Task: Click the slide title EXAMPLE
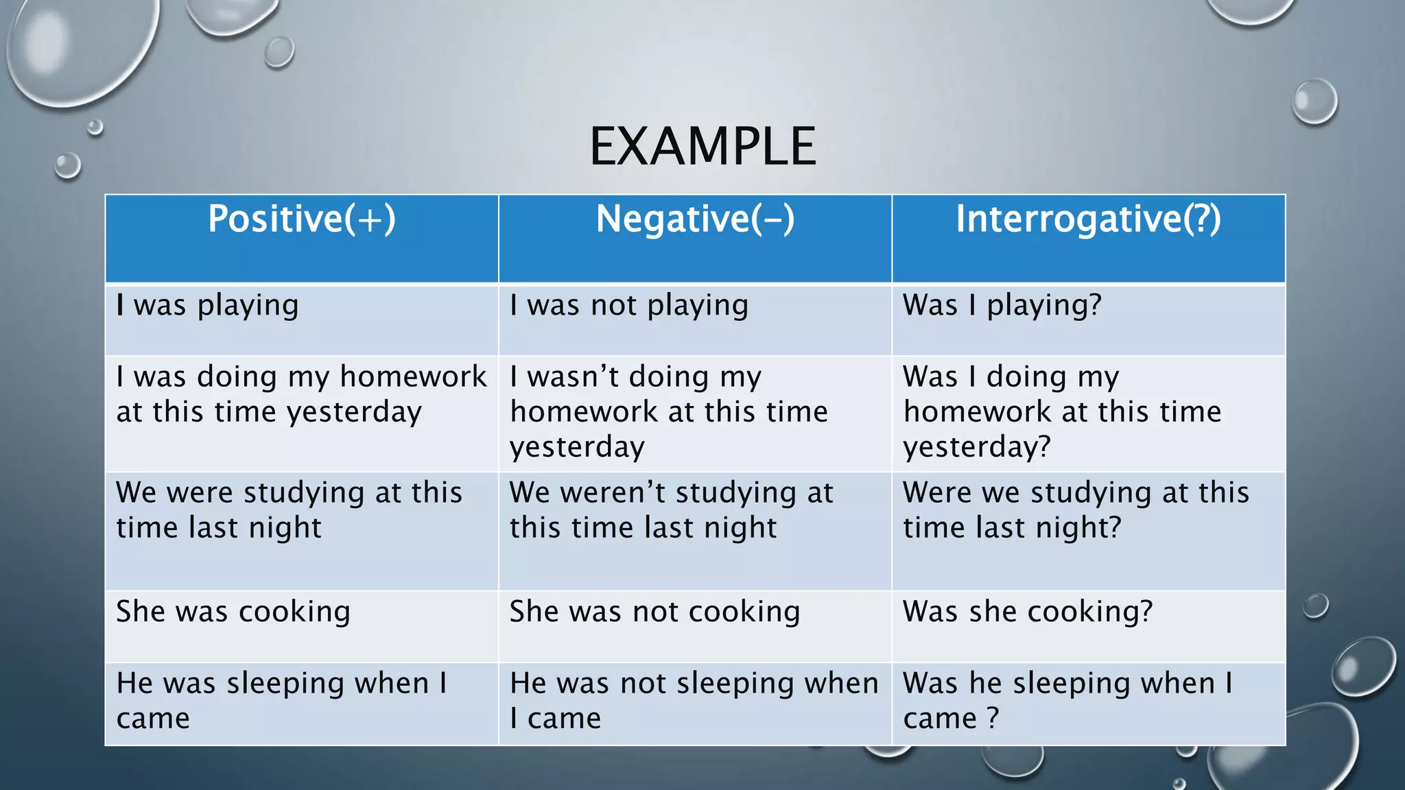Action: point(702,147)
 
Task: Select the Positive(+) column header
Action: point(302,219)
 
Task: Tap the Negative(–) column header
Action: point(695,219)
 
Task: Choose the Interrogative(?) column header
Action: point(1088,219)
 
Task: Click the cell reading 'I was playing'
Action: point(207,306)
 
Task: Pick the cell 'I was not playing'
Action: point(628,306)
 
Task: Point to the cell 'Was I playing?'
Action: point(1002,306)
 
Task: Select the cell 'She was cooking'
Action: point(233,612)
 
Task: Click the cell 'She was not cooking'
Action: point(654,612)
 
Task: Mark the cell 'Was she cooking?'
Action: point(1027,612)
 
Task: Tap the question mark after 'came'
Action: point(993,719)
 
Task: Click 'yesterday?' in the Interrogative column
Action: point(976,447)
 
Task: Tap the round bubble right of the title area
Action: point(1314,101)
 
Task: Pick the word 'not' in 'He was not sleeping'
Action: point(643,684)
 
